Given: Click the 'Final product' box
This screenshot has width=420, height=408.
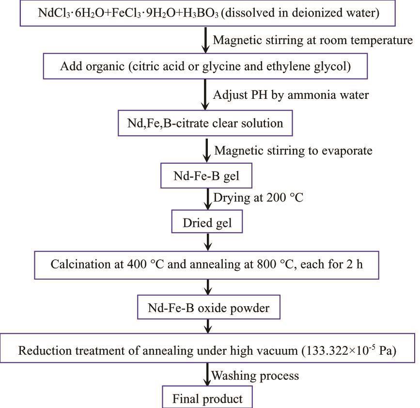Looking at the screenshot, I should pos(207,399).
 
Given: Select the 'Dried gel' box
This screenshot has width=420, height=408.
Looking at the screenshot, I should pos(207,223).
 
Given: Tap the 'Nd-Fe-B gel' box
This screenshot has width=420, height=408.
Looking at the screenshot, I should pos(207,178).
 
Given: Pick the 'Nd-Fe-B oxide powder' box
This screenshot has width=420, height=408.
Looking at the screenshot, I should pos(207,308).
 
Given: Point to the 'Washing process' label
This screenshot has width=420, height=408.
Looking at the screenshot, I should pos(255,376).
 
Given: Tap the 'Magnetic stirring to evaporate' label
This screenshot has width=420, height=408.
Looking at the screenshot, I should pos(293,151).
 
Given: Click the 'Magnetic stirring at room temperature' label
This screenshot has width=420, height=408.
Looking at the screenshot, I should pos(312,40).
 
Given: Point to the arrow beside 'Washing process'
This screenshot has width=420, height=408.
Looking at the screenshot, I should pos(207,375).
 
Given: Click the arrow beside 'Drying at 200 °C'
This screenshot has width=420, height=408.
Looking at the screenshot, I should pos(207,199).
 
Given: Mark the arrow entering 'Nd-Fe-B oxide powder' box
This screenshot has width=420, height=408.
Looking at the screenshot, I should pos(207,288).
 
